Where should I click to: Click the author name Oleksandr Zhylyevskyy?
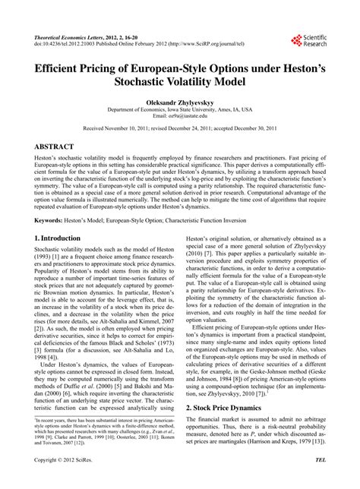tap(179, 100)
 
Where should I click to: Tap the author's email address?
tap(179, 116)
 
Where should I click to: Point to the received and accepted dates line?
tap(179, 129)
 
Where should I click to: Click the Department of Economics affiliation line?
tap(179, 109)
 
